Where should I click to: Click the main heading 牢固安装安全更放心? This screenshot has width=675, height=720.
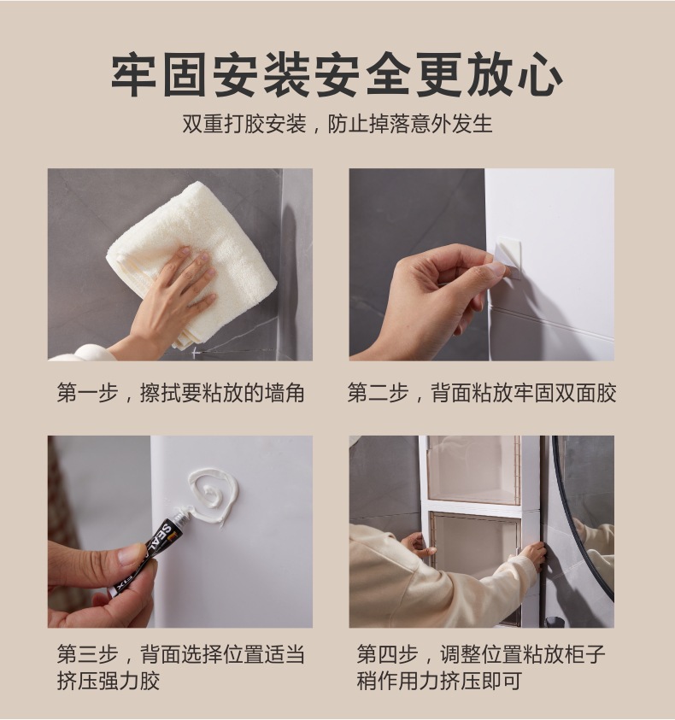[337, 74]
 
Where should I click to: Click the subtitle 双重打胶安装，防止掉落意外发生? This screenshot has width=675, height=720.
[337, 124]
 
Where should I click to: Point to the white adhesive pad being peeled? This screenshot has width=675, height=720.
[506, 256]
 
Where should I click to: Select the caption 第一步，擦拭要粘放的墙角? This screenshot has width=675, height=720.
[180, 393]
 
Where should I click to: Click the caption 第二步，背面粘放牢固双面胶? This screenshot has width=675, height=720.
[482, 393]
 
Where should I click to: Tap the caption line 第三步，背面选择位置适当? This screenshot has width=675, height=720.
[180, 653]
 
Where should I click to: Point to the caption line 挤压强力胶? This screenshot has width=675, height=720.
[109, 681]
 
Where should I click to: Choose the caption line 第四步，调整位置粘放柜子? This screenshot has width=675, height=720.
[481, 653]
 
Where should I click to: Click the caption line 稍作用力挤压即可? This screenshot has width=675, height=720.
[439, 681]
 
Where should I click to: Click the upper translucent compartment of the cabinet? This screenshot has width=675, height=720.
[473, 469]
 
